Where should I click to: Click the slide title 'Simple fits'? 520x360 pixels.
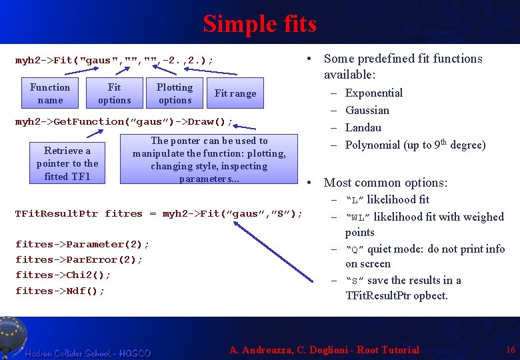click(x=259, y=24)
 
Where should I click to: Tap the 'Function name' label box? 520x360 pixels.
click(x=50, y=93)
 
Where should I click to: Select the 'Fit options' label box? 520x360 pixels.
click(x=115, y=93)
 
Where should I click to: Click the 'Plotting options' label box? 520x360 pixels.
click(x=175, y=93)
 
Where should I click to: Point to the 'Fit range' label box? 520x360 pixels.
click(x=235, y=93)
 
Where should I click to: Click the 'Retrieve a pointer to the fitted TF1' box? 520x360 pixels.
click(x=67, y=163)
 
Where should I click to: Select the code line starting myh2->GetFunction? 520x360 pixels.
click(x=124, y=122)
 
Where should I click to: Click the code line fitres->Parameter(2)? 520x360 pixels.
click(x=82, y=244)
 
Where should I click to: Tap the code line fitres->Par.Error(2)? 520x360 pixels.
click(x=79, y=259)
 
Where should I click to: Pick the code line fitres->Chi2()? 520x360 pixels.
click(x=63, y=275)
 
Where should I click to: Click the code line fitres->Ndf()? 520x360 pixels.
click(x=60, y=291)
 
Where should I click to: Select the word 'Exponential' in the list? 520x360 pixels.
click(x=374, y=93)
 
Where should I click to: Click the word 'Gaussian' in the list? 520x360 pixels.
click(x=367, y=110)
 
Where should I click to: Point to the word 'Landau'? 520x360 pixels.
click(x=363, y=127)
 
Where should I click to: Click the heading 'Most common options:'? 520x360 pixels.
click(x=385, y=183)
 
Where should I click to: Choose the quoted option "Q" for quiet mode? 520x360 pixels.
click(x=355, y=249)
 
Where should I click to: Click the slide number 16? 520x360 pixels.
click(x=511, y=349)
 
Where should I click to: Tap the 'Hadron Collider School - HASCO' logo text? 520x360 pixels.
click(x=89, y=353)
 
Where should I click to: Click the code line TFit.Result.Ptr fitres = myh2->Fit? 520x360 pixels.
click(x=159, y=214)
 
